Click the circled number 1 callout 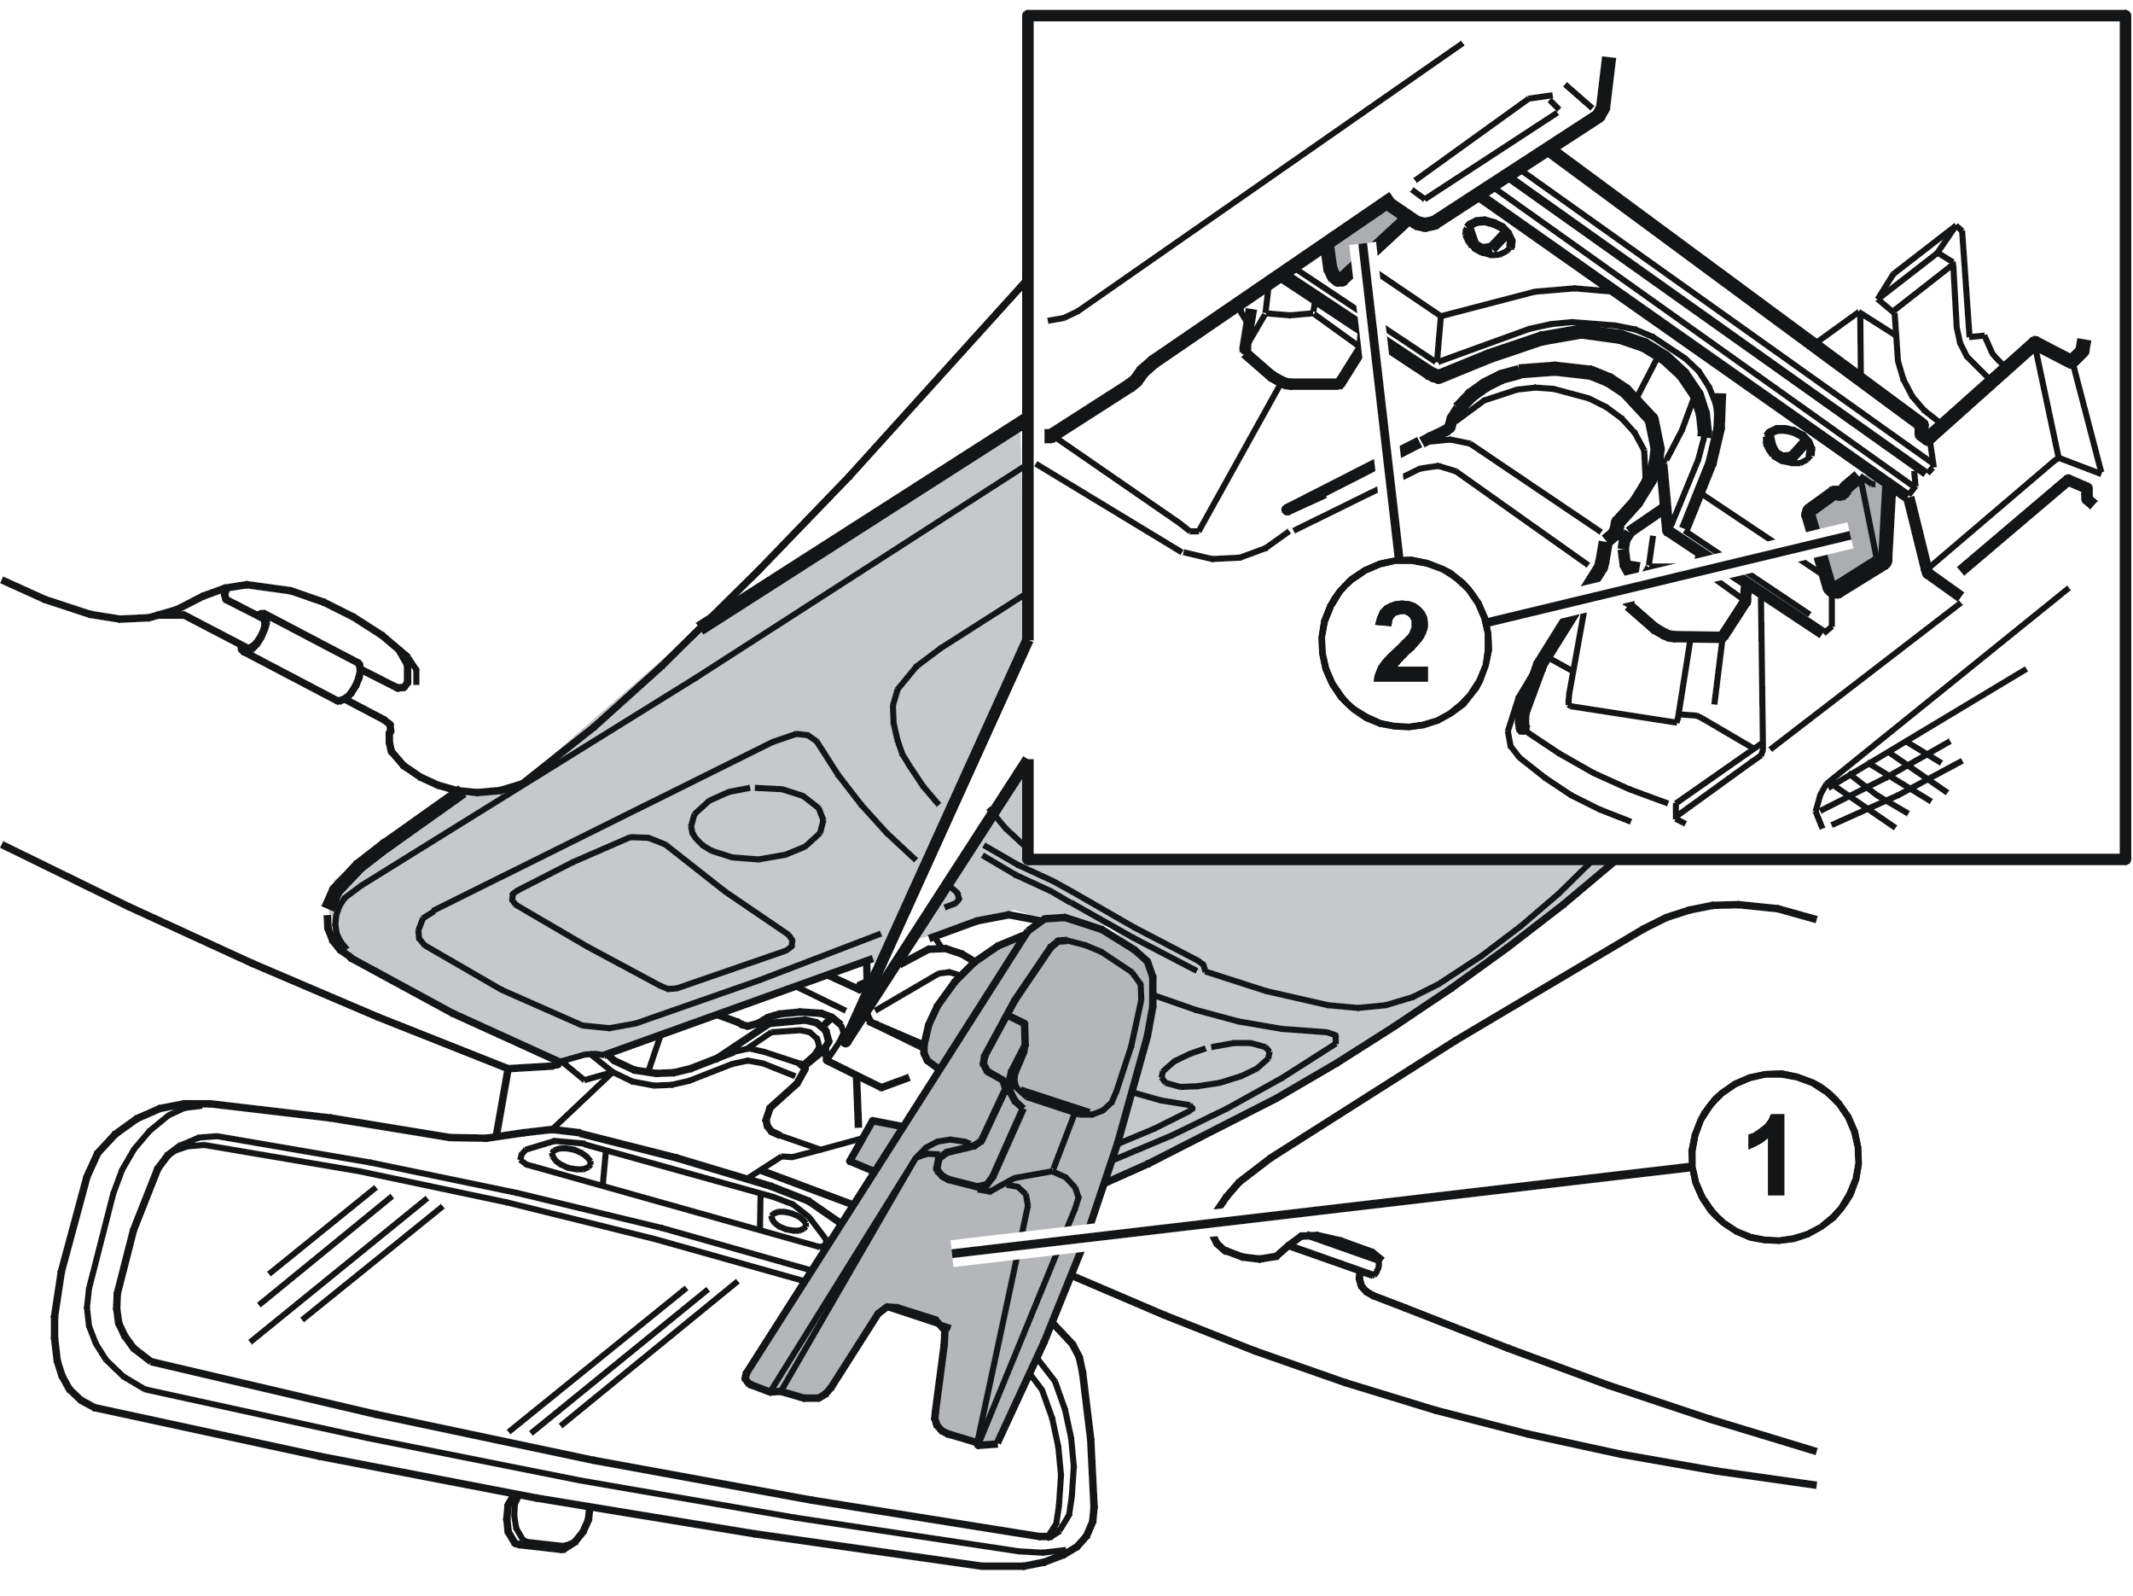pyautogui.click(x=1775, y=1156)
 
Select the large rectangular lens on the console pyautogui.click(x=652, y=912)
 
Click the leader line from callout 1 pyautogui.click(x=1321, y=1210)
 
